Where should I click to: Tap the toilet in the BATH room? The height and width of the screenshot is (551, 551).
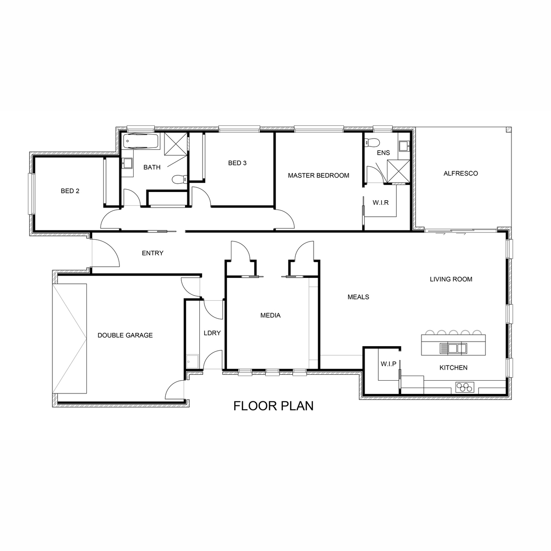pyautogui.click(x=179, y=179)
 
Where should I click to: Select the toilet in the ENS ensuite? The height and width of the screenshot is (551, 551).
pyautogui.click(x=371, y=142)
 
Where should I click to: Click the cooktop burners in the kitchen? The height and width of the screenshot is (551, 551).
pyautogui.click(x=464, y=387)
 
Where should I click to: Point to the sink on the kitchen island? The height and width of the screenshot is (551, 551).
pyautogui.click(x=453, y=348)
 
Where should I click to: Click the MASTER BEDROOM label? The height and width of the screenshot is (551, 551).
pyautogui.click(x=318, y=175)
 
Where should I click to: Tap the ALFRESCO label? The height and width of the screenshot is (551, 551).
pyautogui.click(x=461, y=173)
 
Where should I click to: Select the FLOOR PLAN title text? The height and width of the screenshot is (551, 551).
pyautogui.click(x=273, y=406)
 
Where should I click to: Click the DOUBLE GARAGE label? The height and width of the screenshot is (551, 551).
pyautogui.click(x=125, y=335)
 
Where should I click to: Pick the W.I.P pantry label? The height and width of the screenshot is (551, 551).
pyautogui.click(x=388, y=364)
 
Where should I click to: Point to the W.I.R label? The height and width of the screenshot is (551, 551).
pyautogui.click(x=380, y=203)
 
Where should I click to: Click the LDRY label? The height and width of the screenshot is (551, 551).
pyautogui.click(x=212, y=333)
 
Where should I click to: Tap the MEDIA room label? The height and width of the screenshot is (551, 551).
pyautogui.click(x=270, y=315)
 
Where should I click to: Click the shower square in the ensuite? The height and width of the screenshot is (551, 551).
pyautogui.click(x=398, y=171)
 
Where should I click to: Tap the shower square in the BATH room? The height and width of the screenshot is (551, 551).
pyautogui.click(x=175, y=144)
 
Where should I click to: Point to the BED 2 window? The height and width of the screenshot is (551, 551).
pyautogui.click(x=31, y=194)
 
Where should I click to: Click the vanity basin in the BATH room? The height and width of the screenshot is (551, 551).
pyautogui.click(x=127, y=163)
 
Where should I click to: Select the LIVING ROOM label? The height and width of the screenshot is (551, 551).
pyautogui.click(x=451, y=279)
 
